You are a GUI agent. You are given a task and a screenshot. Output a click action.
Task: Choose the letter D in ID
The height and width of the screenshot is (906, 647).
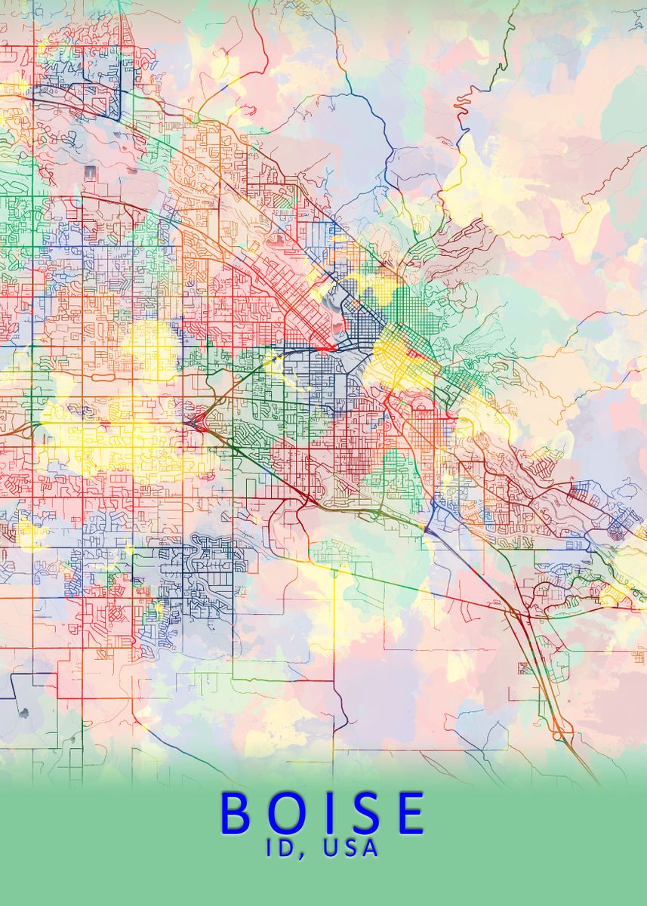(x=288, y=848)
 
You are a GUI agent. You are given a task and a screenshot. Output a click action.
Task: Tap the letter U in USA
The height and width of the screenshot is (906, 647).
(x=329, y=848)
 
